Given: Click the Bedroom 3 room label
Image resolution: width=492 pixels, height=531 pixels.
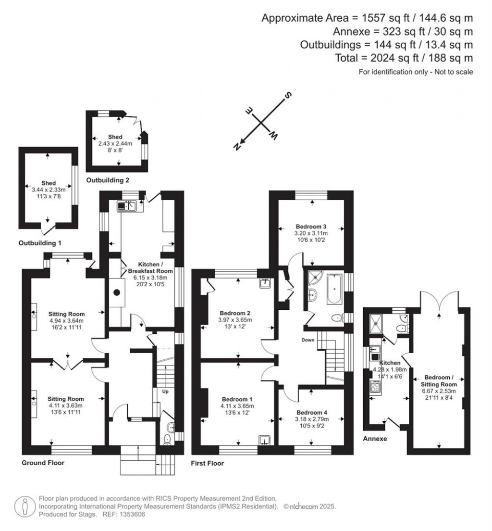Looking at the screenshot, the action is point(311,227).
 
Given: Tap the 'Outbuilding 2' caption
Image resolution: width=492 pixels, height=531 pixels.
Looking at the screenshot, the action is point(108,180).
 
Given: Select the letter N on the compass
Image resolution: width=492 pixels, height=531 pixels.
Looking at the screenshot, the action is point(237,147).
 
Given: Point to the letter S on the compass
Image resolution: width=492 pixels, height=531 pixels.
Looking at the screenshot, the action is point(288,95).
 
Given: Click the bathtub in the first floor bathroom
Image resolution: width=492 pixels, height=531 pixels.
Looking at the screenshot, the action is point(334,289).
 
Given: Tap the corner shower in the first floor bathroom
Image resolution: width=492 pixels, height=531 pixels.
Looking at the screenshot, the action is point(315,277).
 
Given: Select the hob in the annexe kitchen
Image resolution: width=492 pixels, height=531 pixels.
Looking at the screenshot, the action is point(375,387).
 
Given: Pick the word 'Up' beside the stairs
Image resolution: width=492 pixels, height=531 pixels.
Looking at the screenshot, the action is point(165,392).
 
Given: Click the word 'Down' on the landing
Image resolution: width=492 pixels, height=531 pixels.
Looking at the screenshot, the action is point(308,340).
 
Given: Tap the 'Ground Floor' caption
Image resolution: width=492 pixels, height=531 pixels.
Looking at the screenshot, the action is point(43,463).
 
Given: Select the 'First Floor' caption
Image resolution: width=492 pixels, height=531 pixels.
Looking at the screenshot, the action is point(208,463).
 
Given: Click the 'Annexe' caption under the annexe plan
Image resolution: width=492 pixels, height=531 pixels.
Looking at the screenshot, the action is point(375,439).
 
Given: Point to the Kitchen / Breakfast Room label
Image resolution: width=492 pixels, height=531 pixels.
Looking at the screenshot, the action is point(150,267).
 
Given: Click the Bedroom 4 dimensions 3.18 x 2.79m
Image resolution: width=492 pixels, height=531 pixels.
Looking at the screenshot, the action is point(312,419).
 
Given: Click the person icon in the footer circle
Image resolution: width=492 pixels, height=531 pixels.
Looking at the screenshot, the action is point(25,506).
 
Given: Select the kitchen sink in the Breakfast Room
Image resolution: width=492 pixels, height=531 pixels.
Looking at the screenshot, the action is point(126,206).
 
